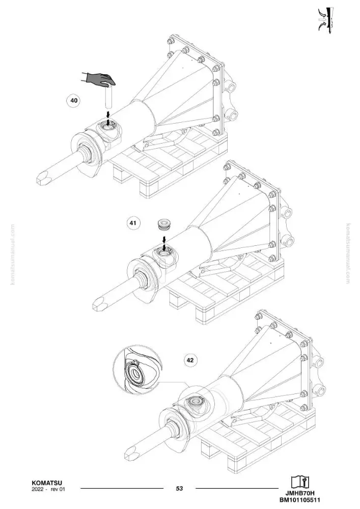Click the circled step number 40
point(74,100)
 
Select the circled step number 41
point(133,223)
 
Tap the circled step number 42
point(190,360)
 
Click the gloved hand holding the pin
point(99,79)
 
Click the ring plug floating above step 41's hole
point(164,224)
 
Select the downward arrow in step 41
point(164,243)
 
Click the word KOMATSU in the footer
point(47,483)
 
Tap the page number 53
point(179,488)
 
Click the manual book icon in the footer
point(300,482)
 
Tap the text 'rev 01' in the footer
point(58,489)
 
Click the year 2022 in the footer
point(38,489)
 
